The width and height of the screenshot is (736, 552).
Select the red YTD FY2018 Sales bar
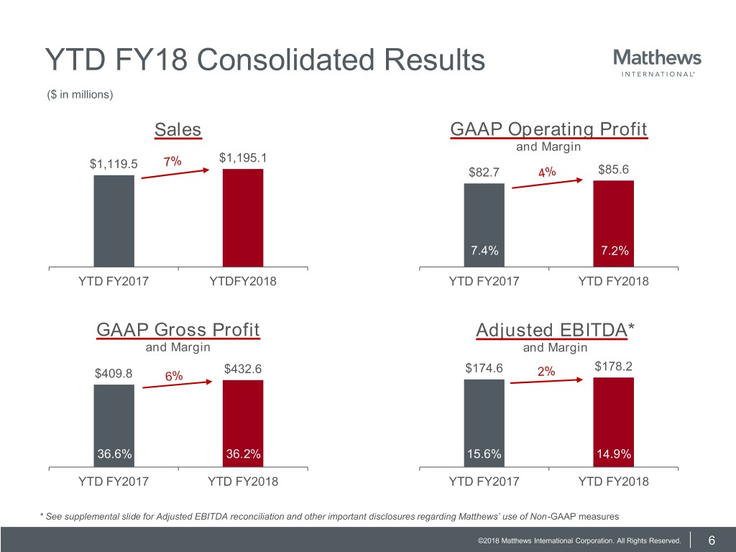tap(243, 218)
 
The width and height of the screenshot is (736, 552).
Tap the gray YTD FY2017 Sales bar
tap(114, 221)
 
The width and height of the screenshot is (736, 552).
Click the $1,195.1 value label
tap(243, 157)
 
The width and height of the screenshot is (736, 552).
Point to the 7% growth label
tap(172, 162)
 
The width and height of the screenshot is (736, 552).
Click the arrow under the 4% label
tap(547, 183)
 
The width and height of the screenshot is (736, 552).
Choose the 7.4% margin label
tap(484, 250)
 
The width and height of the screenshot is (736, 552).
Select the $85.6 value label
tap(614, 169)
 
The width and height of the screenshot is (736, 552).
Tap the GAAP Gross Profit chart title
tap(178, 329)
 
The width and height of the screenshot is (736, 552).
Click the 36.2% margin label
tap(243, 454)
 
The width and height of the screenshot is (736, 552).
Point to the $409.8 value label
tap(114, 373)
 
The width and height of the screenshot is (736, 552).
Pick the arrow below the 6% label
tap(178, 385)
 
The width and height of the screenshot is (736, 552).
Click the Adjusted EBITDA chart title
tap(555, 330)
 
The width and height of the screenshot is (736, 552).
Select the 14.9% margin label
tap(614, 454)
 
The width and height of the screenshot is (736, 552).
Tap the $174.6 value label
tap(484, 368)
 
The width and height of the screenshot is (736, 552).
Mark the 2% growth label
tap(546, 372)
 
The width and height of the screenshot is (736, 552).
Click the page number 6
tap(712, 540)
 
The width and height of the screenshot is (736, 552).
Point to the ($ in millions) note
tap(80, 94)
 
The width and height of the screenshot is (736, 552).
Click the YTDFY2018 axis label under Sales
tap(243, 281)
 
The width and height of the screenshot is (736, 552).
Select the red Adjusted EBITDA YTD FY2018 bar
tap(614, 422)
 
